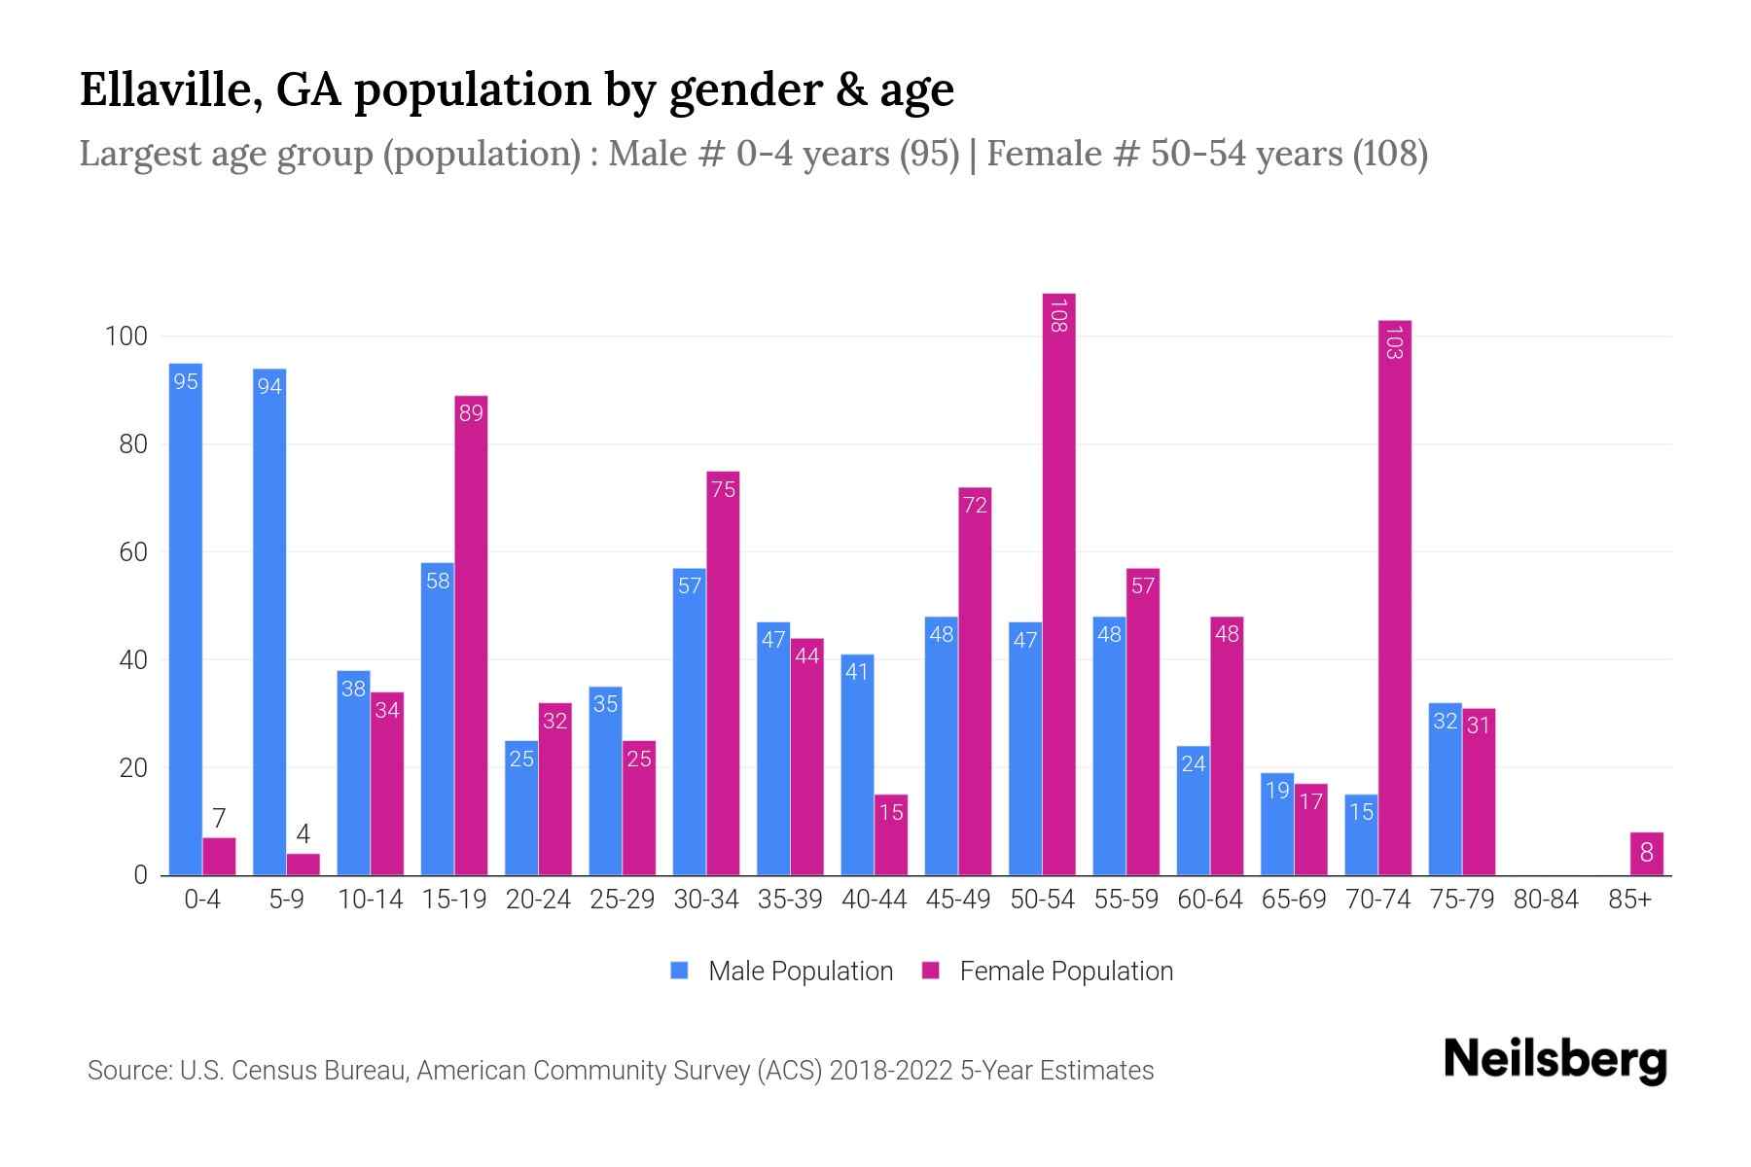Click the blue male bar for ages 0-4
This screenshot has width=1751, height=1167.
[186, 622]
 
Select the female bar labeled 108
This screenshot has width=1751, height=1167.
[1058, 583]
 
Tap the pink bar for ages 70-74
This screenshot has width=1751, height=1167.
[1394, 598]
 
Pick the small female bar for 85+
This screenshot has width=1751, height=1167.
[1646, 854]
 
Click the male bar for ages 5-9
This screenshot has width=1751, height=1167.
[269, 622]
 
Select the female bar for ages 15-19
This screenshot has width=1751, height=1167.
[471, 637]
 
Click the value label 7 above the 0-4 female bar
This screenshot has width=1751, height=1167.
[219, 819]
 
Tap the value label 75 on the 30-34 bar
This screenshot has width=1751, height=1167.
[723, 489]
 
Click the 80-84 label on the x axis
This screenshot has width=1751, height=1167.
[1545, 900]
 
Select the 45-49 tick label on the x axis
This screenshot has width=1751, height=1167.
[957, 900]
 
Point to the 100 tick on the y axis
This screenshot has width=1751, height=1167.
[126, 337]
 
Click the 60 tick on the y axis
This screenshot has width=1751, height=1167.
[133, 553]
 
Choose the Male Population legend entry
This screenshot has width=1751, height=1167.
[800, 972]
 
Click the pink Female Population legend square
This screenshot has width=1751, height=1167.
[931, 971]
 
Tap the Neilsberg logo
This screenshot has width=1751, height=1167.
[1554, 1061]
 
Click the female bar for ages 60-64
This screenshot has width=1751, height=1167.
[1227, 747]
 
